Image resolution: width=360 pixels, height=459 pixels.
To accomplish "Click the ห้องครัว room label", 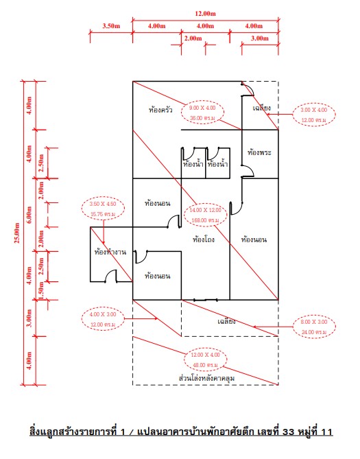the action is [160, 110].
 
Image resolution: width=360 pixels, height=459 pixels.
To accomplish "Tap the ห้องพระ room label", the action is [259, 152].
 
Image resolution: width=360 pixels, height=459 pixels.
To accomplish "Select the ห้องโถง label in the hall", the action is [204, 239].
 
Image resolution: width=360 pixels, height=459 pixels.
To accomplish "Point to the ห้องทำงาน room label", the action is [110, 252].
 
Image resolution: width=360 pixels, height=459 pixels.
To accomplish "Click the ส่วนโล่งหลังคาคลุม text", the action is [206, 378].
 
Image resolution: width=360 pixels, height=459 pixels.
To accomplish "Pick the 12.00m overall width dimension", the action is [206, 14].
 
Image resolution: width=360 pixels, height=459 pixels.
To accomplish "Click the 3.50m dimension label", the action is [111, 26].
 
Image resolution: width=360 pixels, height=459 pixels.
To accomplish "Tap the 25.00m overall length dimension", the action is [16, 233].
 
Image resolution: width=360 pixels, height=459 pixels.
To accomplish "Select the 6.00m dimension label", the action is [29, 215].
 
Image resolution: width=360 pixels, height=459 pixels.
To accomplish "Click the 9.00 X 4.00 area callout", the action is [202, 113].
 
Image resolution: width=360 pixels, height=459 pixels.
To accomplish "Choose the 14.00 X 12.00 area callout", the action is [206, 215].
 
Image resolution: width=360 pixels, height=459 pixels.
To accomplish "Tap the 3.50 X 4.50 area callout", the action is [103, 209].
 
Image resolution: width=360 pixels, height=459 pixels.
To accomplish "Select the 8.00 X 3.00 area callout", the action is [314, 327].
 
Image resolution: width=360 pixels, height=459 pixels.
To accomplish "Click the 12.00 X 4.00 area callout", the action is [206, 360].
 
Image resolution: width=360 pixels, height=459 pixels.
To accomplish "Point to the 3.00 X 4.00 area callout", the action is [314, 115].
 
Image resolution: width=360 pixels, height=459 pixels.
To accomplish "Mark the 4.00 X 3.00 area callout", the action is [103, 319].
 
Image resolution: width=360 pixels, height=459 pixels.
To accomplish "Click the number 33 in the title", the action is [288, 432].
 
